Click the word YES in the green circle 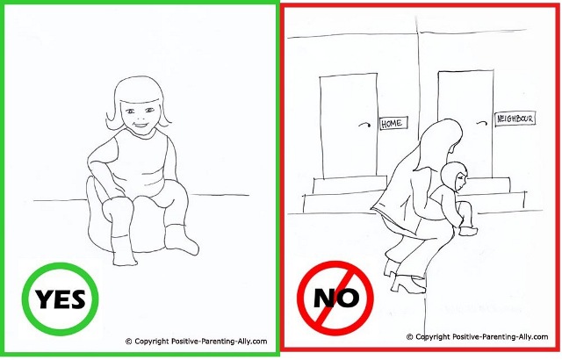pos(61,299)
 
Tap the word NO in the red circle pos(335,298)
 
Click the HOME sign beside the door pos(393,123)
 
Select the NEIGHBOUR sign pos(515,119)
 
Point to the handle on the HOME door pos(365,125)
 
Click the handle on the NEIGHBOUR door pos(482,124)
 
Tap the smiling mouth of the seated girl pos(140,126)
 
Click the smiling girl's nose pos(140,116)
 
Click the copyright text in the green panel pos(197,342)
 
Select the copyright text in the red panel pos(477,336)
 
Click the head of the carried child pos(454,176)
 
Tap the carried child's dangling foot pos(468,231)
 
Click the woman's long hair pos(434,143)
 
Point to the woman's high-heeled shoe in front pos(408,283)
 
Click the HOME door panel pos(349,126)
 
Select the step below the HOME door pos(349,185)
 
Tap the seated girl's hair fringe pos(140,97)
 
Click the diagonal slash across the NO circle pos(335,298)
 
